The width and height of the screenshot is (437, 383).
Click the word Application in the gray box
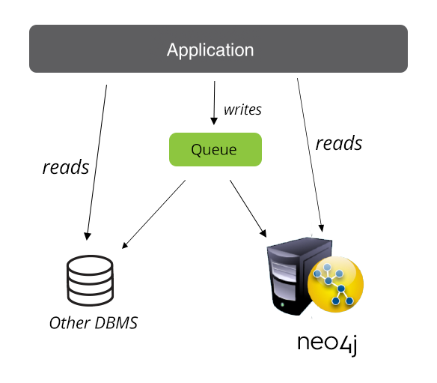coord(210,50)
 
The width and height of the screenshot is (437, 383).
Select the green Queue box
coord(216,149)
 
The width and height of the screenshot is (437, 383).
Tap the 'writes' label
coord(242,109)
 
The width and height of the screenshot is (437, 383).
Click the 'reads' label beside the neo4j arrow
coord(339,143)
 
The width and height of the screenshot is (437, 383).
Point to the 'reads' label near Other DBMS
coord(66,167)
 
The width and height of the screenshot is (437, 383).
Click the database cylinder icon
coord(90,280)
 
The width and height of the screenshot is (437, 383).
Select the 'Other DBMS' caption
coord(94,323)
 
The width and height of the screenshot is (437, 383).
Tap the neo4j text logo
coord(328,344)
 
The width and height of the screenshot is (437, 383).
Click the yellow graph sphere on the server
coord(335,284)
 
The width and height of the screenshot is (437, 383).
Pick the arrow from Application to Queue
coord(214,103)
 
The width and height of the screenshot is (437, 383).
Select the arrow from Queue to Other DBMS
coord(153,214)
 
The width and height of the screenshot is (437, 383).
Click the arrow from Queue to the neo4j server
coord(248,208)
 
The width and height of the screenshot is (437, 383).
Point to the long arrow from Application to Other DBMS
coord(97,163)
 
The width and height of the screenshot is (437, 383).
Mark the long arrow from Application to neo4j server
coord(311,155)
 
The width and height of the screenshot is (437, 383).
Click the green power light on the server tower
coord(283,304)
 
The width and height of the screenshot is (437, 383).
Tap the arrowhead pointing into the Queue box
coord(214,121)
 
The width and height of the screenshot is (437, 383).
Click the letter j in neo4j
coord(354,346)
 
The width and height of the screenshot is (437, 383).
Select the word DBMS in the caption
coord(116,323)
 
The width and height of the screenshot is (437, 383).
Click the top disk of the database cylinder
coord(90,265)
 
